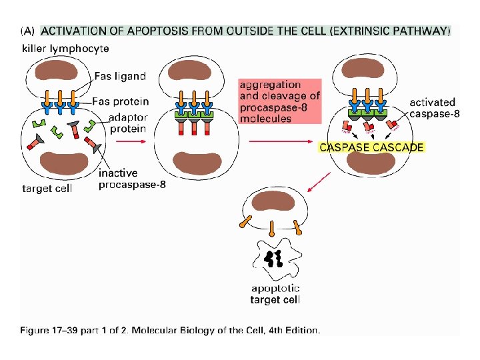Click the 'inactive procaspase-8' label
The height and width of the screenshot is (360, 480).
(x=132, y=179)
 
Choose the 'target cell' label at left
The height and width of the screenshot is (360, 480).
(x=47, y=188)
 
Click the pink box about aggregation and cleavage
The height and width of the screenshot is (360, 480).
(x=279, y=101)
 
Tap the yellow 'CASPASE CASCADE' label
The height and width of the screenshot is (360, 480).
(x=371, y=147)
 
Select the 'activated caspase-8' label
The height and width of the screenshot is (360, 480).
(x=433, y=108)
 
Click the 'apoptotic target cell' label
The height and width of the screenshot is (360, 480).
(x=275, y=294)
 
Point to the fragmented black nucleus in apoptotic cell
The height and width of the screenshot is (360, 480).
(x=274, y=259)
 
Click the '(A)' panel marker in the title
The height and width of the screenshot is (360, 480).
(x=28, y=31)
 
